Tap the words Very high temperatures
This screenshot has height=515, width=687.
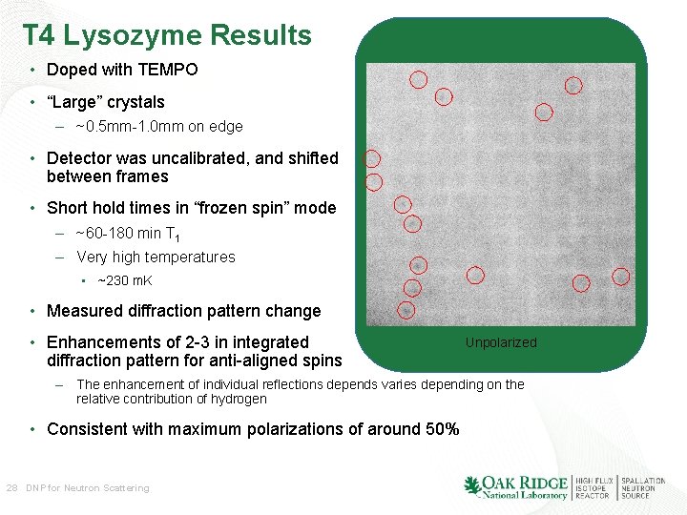tap(156, 257)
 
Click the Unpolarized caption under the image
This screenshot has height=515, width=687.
tap(501, 342)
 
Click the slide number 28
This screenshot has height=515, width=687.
tap(12, 487)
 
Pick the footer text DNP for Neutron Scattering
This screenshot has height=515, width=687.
tap(88, 487)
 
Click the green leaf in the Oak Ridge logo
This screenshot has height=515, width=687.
tap(471, 485)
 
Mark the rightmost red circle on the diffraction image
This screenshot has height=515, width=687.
tap(621, 277)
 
